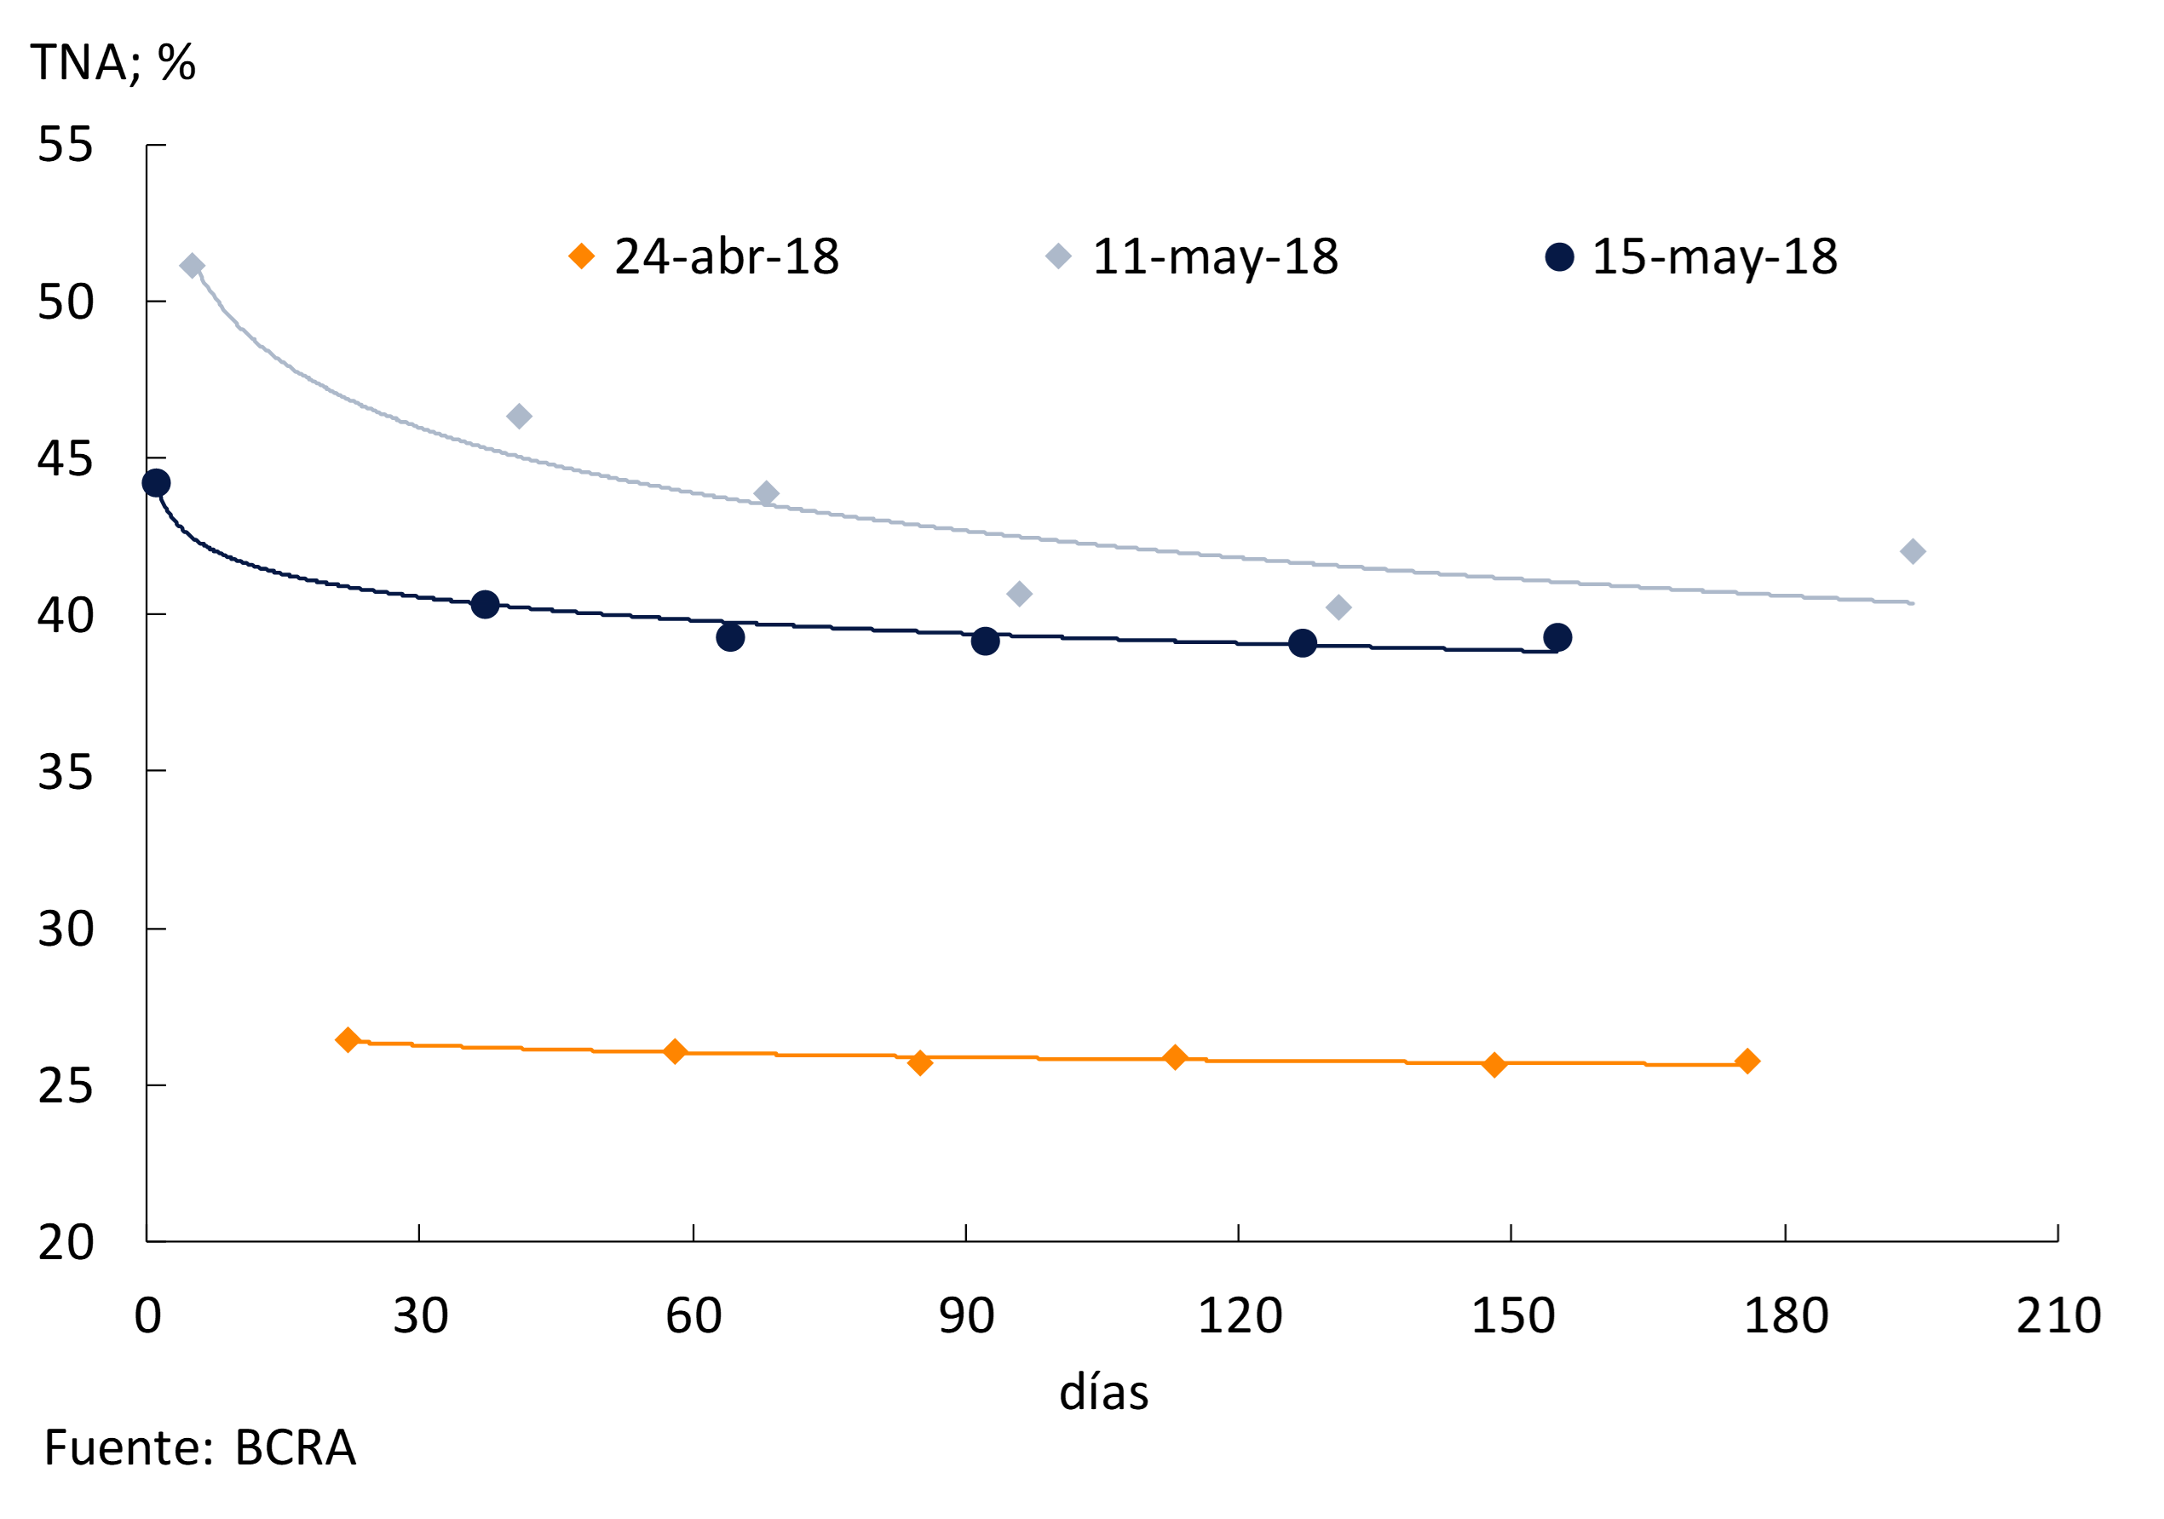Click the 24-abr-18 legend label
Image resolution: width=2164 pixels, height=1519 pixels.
(x=726, y=256)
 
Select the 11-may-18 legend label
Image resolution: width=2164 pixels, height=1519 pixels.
(x=1214, y=256)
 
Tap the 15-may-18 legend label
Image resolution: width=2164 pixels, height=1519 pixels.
(x=1713, y=256)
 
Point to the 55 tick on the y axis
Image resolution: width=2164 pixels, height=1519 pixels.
(x=65, y=145)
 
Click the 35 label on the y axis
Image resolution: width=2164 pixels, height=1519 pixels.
(x=65, y=773)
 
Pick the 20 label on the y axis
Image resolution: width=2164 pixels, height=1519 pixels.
(x=65, y=1242)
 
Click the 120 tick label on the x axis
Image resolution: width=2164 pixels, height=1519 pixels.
(x=1240, y=1315)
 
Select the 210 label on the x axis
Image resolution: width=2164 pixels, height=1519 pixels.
(x=2058, y=1315)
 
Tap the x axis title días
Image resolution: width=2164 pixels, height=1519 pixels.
(x=1103, y=1393)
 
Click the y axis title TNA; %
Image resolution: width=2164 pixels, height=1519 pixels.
(x=113, y=63)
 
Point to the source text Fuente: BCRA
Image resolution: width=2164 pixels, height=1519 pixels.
(x=200, y=1448)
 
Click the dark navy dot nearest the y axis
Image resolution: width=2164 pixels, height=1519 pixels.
(x=157, y=483)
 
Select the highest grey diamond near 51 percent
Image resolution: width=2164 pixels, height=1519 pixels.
(x=193, y=267)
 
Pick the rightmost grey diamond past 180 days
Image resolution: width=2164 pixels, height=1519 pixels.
(x=1913, y=552)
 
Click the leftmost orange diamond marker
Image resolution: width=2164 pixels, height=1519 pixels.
(x=348, y=1040)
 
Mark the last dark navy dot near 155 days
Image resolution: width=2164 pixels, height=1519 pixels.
(x=1557, y=638)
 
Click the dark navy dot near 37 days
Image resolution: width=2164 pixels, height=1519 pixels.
(x=486, y=605)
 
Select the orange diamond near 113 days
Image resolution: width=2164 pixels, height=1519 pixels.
(x=1174, y=1057)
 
